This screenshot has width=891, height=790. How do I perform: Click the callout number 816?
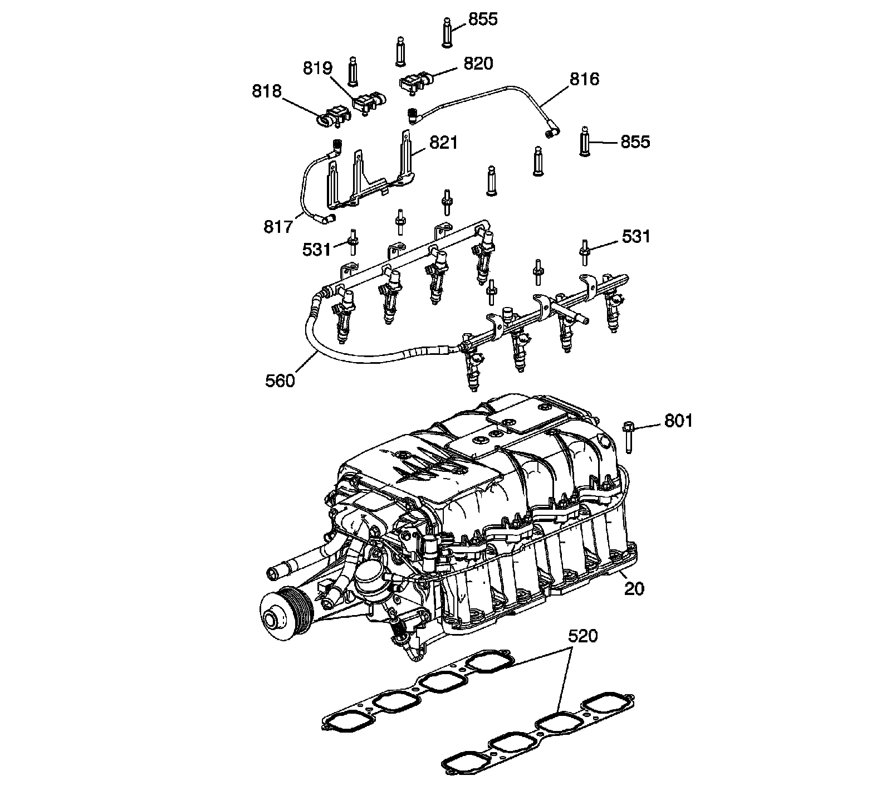(584, 80)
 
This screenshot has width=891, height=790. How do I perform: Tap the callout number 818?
(267, 91)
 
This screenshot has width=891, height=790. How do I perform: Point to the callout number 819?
(317, 69)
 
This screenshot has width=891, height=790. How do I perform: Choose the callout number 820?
(478, 64)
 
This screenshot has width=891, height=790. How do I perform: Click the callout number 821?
(443, 143)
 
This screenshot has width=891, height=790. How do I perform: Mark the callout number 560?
(280, 381)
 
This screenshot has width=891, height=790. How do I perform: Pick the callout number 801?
(678, 421)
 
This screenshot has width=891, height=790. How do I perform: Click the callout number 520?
(582, 636)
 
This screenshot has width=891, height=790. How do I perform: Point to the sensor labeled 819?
(368, 102)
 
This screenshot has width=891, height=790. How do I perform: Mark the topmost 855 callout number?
(482, 19)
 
